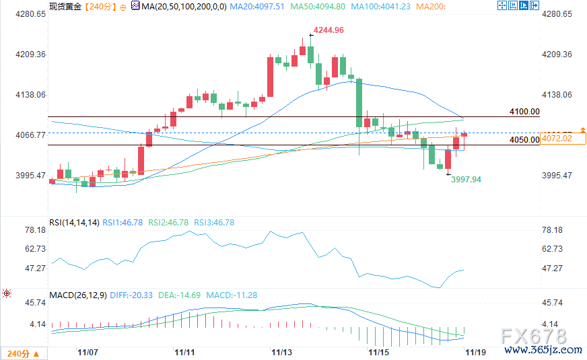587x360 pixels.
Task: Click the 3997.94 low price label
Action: [466, 180]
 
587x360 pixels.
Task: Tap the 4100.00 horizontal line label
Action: [524, 112]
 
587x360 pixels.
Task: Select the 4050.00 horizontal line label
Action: [524, 140]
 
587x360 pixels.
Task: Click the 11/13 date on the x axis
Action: [281, 352]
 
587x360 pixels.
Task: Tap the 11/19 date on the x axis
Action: [475, 352]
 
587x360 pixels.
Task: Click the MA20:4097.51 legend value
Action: [256, 6]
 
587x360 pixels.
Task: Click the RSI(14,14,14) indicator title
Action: [74, 222]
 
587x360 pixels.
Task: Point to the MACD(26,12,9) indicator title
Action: [78, 295]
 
